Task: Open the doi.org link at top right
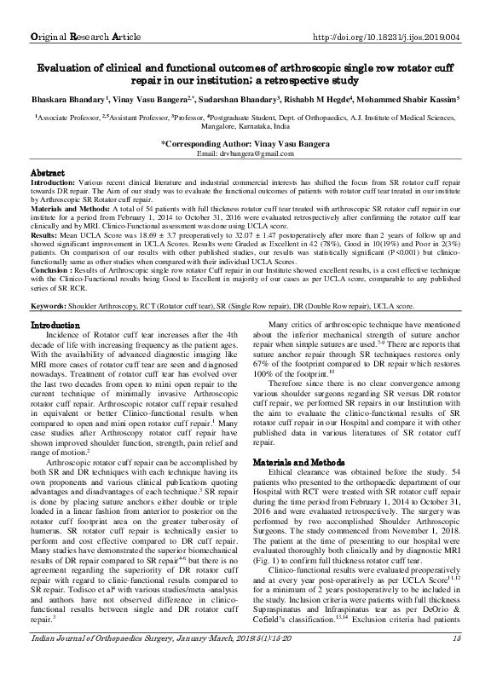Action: [387, 14]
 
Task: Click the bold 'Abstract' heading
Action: [50, 172]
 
